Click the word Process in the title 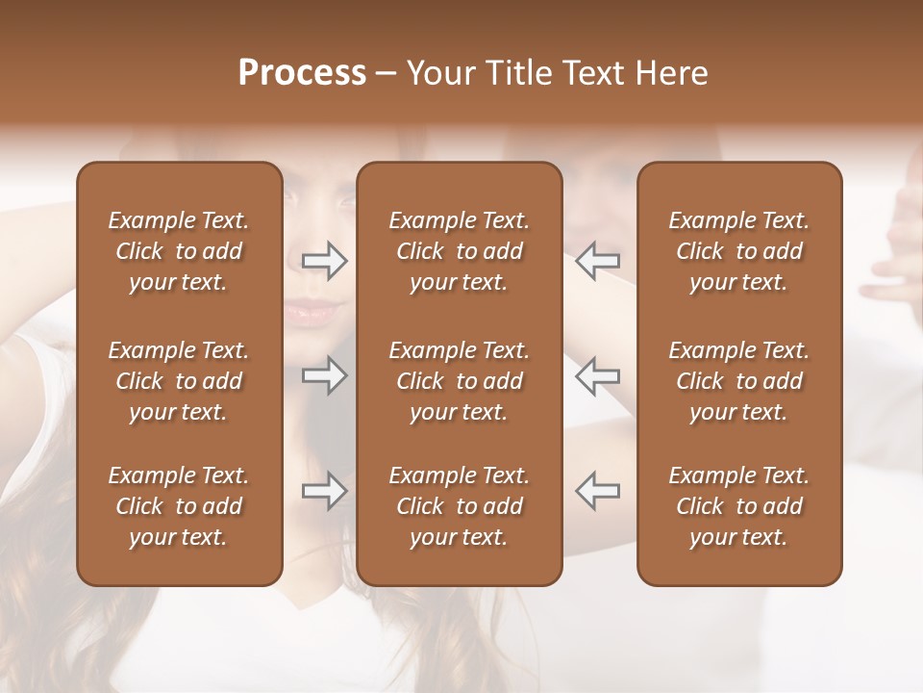(302, 73)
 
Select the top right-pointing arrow (324, 261)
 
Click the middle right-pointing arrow (324, 375)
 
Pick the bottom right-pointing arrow (324, 491)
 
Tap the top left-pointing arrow (597, 261)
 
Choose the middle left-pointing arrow (597, 375)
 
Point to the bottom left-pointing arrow (597, 491)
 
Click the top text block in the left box (179, 251)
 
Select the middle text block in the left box (179, 381)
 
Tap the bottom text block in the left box (179, 506)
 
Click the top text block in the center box (460, 251)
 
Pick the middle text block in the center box (460, 381)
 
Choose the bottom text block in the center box (460, 506)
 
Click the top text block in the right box (739, 251)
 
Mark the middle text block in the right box (739, 381)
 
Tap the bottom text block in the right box (739, 506)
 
